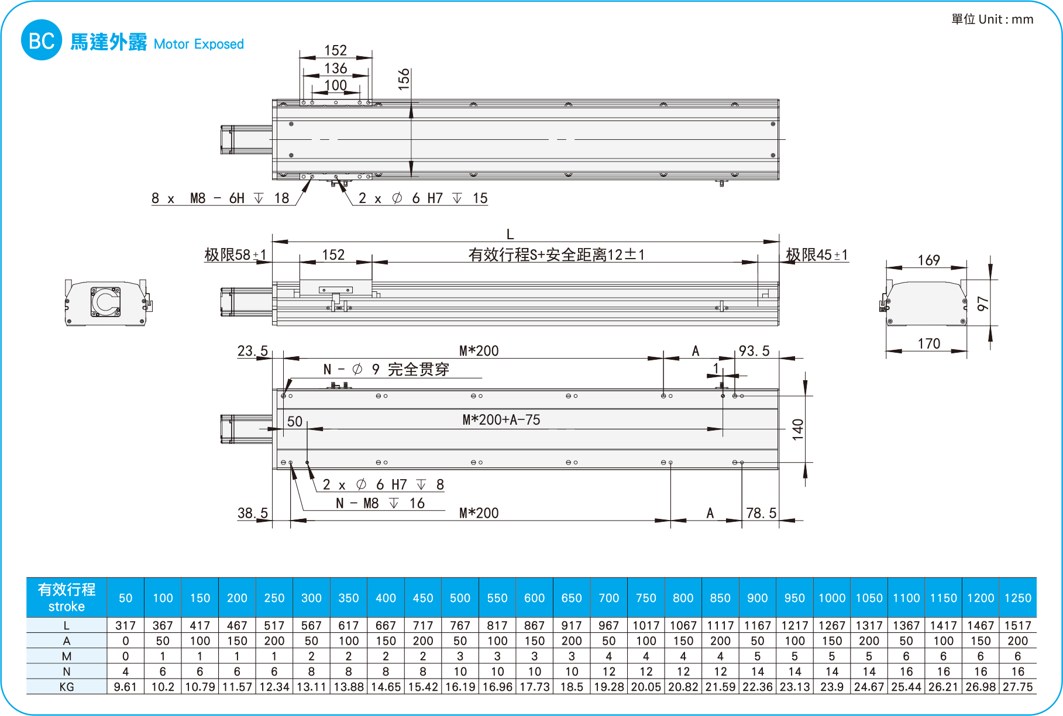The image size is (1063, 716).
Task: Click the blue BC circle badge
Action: pyautogui.click(x=41, y=40)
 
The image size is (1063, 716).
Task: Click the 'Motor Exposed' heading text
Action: pyautogui.click(x=198, y=44)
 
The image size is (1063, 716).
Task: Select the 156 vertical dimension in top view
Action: pyautogui.click(x=403, y=79)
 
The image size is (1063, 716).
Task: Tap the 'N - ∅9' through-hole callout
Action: pyautogui.click(x=386, y=369)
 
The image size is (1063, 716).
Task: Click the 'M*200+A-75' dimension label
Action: pyautogui.click(x=501, y=419)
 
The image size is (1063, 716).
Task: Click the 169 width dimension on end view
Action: pyautogui.click(x=928, y=260)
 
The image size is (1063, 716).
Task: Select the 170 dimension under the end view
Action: pyautogui.click(x=928, y=343)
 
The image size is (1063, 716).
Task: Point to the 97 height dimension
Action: pyautogui.click(x=983, y=303)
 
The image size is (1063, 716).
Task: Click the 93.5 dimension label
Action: pyautogui.click(x=754, y=350)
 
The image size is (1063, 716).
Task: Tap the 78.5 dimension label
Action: pyautogui.click(x=761, y=513)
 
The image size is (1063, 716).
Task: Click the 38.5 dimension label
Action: pyautogui.click(x=252, y=513)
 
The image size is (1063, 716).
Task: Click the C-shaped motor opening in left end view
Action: pyautogui.click(x=106, y=301)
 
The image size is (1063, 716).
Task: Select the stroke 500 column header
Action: pyautogui.click(x=460, y=598)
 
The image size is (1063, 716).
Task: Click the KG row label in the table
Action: pyautogui.click(x=67, y=687)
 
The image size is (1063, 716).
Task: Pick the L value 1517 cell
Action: pyautogui.click(x=1017, y=625)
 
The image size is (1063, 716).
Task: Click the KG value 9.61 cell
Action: pyautogui.click(x=125, y=687)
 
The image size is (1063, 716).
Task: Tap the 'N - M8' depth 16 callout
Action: pyautogui.click(x=380, y=503)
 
